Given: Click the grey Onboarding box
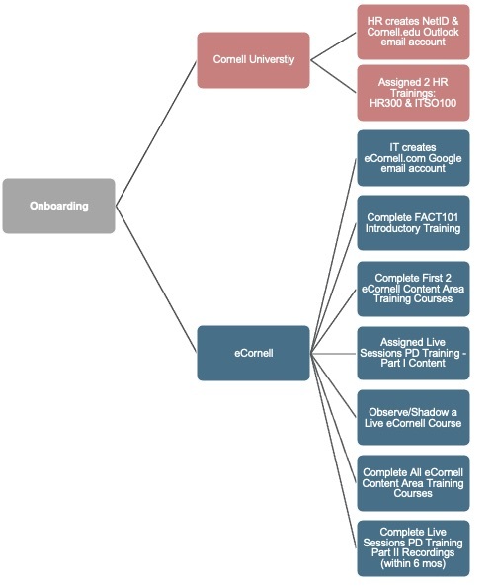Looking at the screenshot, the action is (x=58, y=206).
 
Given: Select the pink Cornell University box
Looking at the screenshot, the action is (x=253, y=60).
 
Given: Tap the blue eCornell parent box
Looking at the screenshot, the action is (x=253, y=353).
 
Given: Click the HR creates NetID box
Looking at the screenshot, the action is (x=413, y=32).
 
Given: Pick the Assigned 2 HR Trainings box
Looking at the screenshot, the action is (x=413, y=93).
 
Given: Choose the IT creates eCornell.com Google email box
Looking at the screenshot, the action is (x=413, y=158).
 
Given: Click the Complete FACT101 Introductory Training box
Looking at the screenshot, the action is (x=413, y=222).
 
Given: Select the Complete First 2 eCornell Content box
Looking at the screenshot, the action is (x=413, y=289).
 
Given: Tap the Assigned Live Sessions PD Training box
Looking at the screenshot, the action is (x=413, y=353).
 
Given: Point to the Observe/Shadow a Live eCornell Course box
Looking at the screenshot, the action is (x=413, y=417).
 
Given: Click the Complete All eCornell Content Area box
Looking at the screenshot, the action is (x=413, y=483).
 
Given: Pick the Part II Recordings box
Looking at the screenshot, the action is (x=413, y=548).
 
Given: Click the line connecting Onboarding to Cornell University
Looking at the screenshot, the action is (x=156, y=133).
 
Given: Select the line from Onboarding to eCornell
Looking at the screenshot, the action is (x=156, y=280).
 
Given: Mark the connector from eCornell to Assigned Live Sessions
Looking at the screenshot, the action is (x=334, y=353).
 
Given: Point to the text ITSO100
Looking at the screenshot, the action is (x=436, y=103).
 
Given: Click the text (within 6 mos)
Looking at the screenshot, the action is (x=413, y=563).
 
